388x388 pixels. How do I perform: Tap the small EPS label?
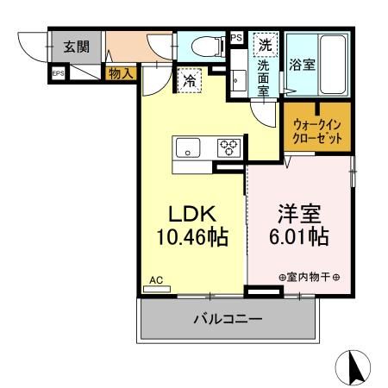click(58, 74)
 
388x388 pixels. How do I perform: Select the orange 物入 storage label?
click(121, 74)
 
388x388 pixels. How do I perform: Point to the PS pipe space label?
click(236, 37)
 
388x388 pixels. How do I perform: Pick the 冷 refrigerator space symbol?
click(189, 82)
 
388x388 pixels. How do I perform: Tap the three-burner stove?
click(229, 147)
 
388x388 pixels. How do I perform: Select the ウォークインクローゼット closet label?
click(316, 130)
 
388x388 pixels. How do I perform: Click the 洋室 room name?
click(299, 212)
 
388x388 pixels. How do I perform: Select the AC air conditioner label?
click(156, 281)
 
